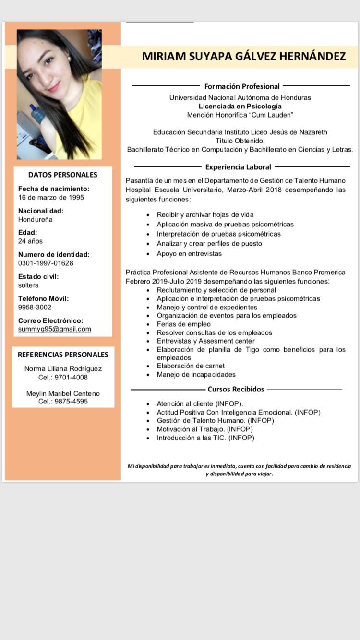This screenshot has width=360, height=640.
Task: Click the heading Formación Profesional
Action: pyautogui.click(x=242, y=86)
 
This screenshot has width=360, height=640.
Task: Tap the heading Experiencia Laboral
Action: pyautogui.click(x=238, y=167)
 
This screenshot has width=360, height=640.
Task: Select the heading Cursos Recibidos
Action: pyautogui.click(x=236, y=389)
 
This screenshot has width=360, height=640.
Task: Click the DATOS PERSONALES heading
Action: pyautogui.click(x=63, y=175)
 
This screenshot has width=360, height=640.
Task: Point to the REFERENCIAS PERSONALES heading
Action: pyautogui.click(x=63, y=355)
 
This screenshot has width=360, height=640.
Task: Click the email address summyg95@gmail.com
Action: pyautogui.click(x=55, y=329)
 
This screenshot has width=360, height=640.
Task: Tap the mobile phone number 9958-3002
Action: pyautogui.click(x=35, y=307)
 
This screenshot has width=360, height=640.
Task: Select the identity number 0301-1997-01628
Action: pyautogui.click(x=46, y=263)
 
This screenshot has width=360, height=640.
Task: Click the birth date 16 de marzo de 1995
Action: pyautogui.click(x=51, y=197)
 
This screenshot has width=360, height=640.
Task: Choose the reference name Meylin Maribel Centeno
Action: pyautogui.click(x=63, y=393)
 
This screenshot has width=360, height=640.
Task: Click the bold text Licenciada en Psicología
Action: pyautogui.click(x=240, y=106)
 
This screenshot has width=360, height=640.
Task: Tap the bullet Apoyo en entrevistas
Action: pyautogui.click(x=189, y=253)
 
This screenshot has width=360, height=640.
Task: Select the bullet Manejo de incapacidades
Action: pyautogui.click(x=196, y=374)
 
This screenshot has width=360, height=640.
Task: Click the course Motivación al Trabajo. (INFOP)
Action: pyautogui.click(x=204, y=429)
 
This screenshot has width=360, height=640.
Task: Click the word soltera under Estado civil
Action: pyautogui.click(x=28, y=285)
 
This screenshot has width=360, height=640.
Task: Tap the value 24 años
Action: pyautogui.click(x=30, y=241)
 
